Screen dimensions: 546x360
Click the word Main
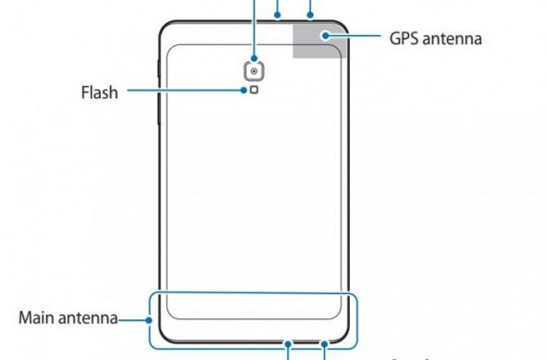(x=40, y=319)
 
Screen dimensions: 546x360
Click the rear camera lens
(x=253, y=70)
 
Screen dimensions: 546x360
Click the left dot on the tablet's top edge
(x=279, y=17)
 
